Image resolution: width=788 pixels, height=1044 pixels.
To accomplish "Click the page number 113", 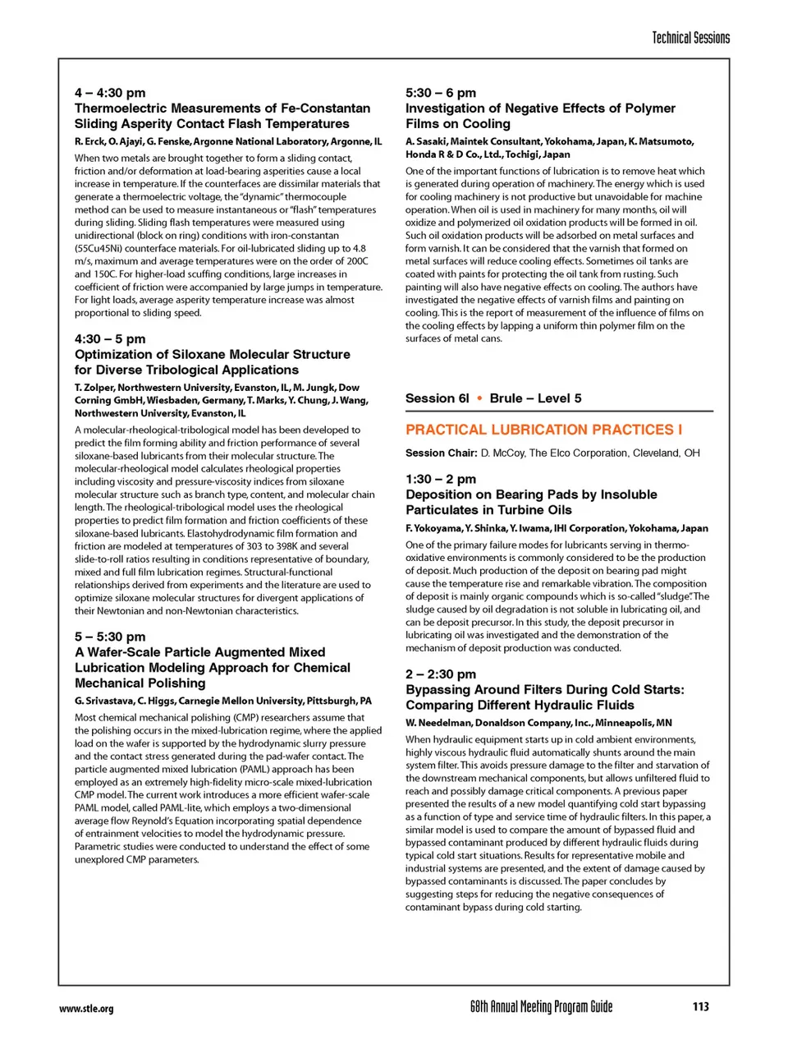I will pos(700,1006).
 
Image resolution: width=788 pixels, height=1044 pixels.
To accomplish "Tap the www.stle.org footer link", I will pos(86,1009).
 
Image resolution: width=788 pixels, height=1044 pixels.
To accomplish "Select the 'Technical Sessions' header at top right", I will pos(690,38).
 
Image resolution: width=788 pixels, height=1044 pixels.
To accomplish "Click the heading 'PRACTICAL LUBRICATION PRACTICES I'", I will pos(543,430).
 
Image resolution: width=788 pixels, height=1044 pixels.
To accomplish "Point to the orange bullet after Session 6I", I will pos(479,398).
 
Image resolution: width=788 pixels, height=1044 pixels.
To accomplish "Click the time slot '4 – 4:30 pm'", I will pos(110,93).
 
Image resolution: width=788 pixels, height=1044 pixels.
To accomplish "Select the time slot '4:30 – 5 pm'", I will pos(110,338).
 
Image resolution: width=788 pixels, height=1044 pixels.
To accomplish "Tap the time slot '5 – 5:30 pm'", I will pos(110,637).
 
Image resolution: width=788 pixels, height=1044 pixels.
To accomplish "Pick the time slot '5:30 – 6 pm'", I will pos(441,93).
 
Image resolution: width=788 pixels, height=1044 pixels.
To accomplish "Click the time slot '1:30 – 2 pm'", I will pos(441,479).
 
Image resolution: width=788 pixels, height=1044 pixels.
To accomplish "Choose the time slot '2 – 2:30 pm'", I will pos(441,674).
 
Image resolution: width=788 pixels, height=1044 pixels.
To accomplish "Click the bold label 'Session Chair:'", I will pos(441,453).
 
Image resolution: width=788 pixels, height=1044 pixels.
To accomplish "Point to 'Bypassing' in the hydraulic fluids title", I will pos(438,690).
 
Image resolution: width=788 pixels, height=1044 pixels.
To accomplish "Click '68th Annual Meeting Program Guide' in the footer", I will pos(541,1006).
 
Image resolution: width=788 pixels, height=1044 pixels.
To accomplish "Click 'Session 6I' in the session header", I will pos(438,398).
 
